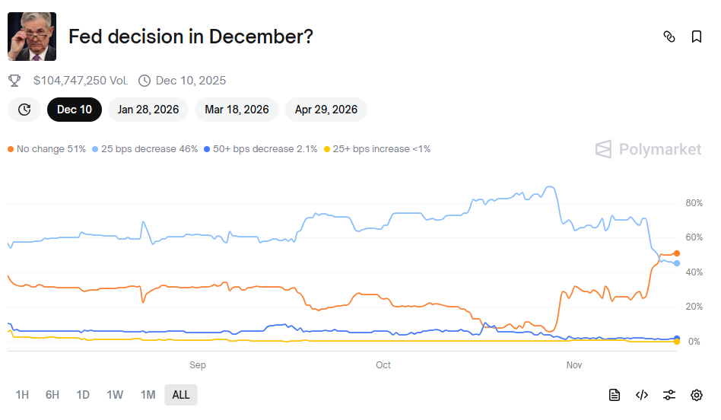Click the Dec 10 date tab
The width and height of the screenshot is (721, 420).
click(75, 110)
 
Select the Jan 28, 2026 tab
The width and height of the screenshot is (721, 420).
click(148, 110)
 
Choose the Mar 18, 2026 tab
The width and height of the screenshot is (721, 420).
click(237, 110)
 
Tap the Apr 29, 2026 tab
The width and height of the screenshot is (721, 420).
click(326, 110)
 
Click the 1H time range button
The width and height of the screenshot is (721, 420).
click(22, 394)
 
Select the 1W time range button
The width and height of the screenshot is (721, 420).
click(115, 394)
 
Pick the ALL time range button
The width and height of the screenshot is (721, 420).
click(181, 394)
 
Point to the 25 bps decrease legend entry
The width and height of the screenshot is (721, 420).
click(145, 149)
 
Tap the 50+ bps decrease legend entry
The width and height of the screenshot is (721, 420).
click(260, 149)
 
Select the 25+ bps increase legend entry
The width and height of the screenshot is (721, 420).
click(377, 149)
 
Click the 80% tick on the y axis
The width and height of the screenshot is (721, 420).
click(693, 203)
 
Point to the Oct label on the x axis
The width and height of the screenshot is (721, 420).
click(383, 365)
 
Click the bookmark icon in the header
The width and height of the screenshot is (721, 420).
click(696, 37)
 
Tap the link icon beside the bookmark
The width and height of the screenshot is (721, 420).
click(669, 37)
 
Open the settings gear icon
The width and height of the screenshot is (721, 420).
click(696, 394)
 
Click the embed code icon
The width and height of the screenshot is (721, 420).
click(642, 394)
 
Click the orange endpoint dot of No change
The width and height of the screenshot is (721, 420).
click(677, 253)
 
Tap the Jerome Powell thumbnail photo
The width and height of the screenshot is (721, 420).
click(32, 37)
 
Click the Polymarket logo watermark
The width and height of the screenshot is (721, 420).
click(649, 149)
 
